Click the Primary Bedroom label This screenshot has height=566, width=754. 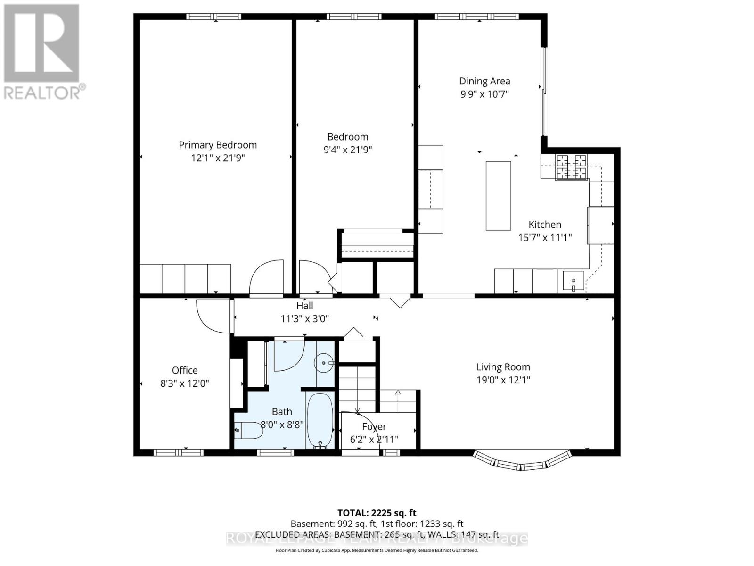pos(218,145)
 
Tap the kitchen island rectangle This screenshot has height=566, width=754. pos(498,195)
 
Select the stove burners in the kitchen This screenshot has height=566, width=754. pos(572,167)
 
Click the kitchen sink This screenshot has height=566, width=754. pos(573,282)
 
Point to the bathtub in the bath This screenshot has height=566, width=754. pos(320,421)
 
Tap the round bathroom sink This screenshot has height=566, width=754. pos(324,363)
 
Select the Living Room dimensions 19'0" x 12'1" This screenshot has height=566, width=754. pos(503,380)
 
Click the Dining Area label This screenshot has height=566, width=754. pos(484,81)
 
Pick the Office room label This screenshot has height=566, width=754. pos(185,370)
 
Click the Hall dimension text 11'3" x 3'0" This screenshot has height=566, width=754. pos(304,318)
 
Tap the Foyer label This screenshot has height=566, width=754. pos(374,426)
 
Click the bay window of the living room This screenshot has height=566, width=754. pos(522,463)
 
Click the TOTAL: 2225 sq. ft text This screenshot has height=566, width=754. pos(377,513)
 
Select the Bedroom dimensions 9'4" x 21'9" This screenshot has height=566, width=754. pos(348,150)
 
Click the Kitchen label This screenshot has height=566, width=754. pos(545,225)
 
